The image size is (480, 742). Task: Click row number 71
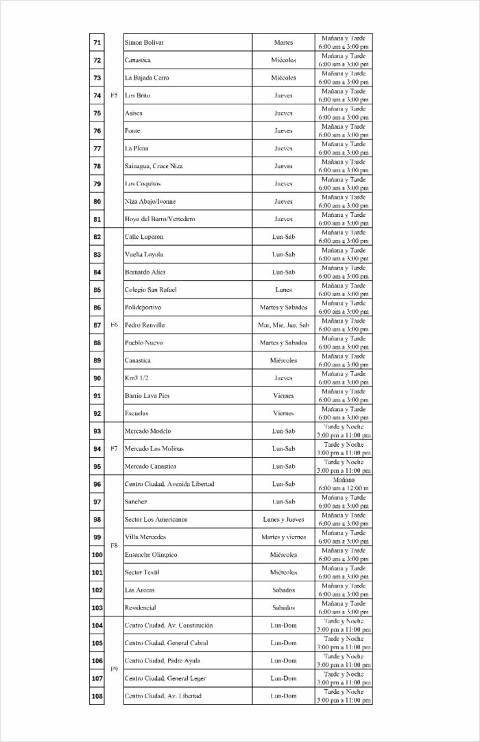click(97, 43)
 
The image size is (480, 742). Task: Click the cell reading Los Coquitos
click(143, 184)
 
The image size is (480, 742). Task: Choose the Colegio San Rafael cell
click(150, 290)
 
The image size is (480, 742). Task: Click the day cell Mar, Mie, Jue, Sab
click(283, 325)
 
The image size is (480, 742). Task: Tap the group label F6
click(114, 325)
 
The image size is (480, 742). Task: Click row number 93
click(97, 431)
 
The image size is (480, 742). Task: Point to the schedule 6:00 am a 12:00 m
click(344, 488)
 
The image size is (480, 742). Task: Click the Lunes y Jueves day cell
click(283, 520)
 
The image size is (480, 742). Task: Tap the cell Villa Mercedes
click(145, 537)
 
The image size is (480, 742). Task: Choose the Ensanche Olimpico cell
click(150, 555)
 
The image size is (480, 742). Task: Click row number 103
click(97, 607)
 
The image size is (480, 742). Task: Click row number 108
click(97, 696)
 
